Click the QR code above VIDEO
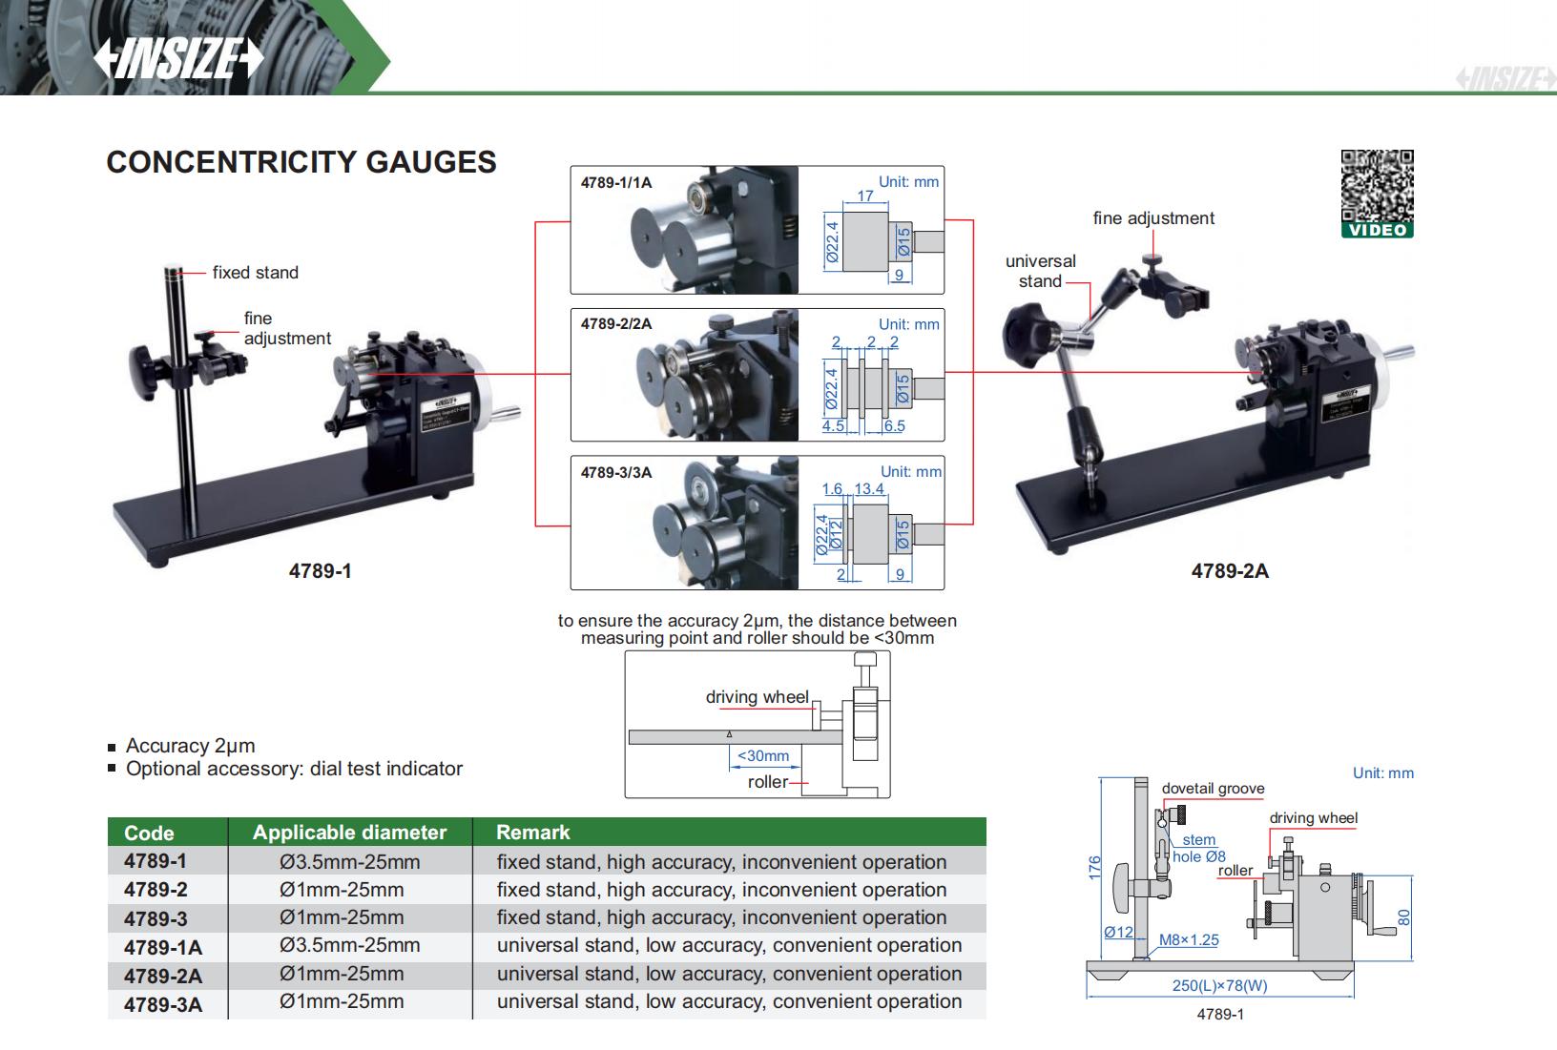coord(1377,185)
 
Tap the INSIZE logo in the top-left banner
coord(177,59)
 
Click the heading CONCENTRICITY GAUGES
coord(301,162)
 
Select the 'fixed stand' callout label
coord(255,273)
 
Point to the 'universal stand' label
coord(1040,271)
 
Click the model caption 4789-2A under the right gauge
coord(1230,571)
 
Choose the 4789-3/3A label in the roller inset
coord(616,472)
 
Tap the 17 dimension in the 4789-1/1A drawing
coord(865,196)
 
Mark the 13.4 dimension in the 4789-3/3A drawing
coord(869,488)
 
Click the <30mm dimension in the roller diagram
coord(763,755)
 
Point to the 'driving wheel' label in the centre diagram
coord(757,697)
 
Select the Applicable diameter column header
coord(349,833)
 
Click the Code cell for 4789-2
coord(156,890)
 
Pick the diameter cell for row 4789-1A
coord(349,945)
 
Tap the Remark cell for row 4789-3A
coord(729,1001)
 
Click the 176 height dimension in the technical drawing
coord(1094,867)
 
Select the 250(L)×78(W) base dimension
coord(1219,986)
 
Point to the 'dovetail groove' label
coord(1213,789)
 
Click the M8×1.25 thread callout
coord(1189,939)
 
